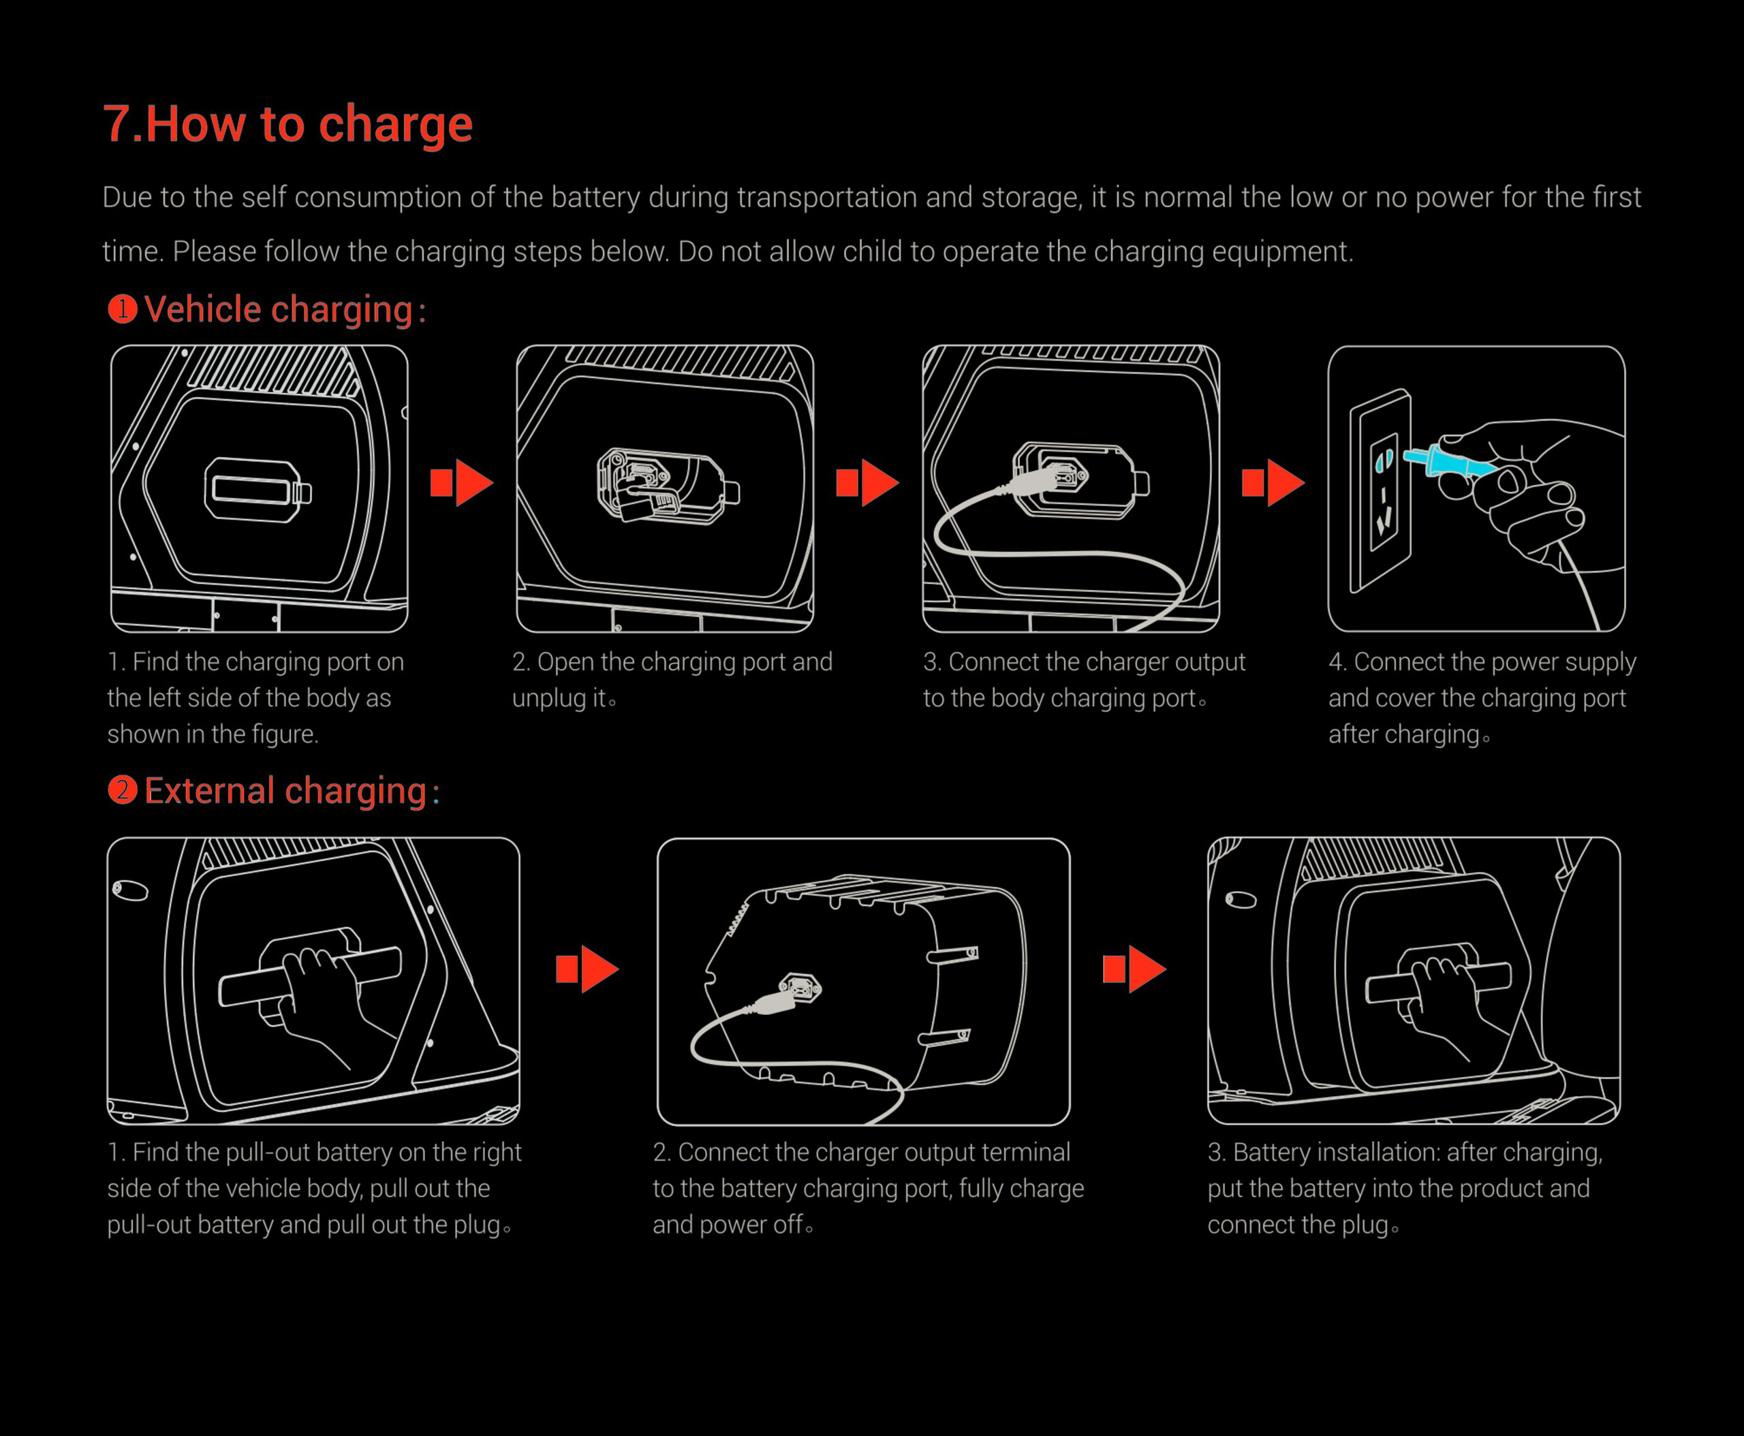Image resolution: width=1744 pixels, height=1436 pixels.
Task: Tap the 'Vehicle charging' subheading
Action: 278,309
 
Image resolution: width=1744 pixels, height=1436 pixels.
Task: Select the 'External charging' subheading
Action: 285,791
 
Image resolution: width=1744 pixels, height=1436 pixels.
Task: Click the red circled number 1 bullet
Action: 123,309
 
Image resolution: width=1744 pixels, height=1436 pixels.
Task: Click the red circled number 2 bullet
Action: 123,790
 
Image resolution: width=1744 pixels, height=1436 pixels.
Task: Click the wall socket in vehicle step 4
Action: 1381,490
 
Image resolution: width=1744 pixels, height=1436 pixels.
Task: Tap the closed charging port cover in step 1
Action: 258,490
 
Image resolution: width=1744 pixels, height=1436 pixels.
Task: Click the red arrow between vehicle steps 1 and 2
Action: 462,482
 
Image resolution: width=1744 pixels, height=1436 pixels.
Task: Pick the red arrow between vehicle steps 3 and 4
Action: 1273,482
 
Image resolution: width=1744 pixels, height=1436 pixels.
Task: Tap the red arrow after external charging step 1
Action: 587,969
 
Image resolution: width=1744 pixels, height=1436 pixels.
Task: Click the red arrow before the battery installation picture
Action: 1134,969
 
